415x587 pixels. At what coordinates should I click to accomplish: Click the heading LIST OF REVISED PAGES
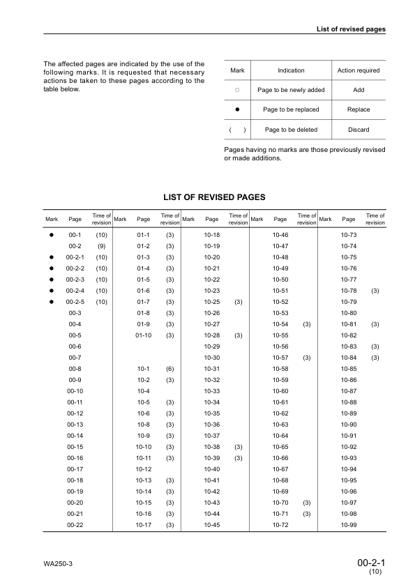click(213, 198)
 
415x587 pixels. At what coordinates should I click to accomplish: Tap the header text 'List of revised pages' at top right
click(352, 29)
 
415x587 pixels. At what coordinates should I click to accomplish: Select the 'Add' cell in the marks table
click(359, 90)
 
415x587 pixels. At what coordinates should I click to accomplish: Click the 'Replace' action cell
click(359, 109)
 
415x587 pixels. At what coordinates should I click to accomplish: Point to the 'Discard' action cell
click(359, 130)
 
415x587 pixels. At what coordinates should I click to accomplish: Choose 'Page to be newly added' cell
click(291, 90)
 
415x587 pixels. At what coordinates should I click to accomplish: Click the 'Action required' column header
click(359, 70)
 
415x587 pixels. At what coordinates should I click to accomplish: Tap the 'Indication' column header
click(291, 70)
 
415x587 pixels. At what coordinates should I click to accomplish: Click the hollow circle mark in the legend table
click(237, 90)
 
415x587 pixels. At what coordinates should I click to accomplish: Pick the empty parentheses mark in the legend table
click(237, 130)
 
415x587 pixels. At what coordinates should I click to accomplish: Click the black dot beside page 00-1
click(52, 235)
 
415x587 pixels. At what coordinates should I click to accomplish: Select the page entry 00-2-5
click(75, 302)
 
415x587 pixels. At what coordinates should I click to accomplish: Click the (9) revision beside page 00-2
click(101, 246)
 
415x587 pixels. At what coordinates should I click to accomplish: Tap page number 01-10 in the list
click(143, 335)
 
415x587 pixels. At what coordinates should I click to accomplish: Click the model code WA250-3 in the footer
click(58, 563)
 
